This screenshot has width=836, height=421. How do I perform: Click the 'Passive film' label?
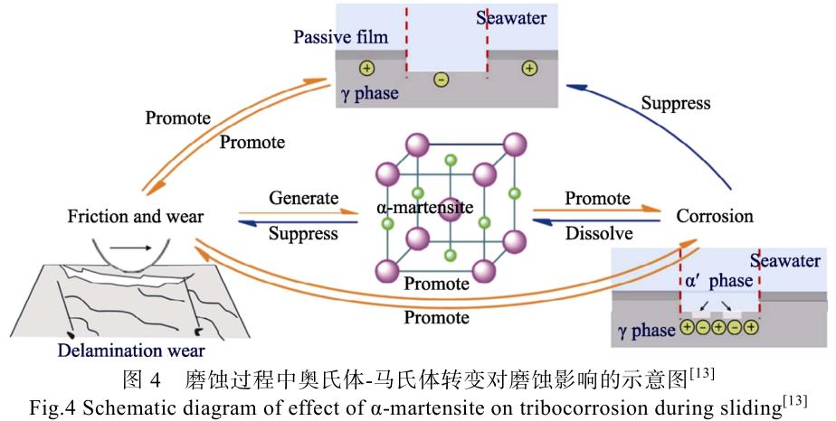(x=340, y=37)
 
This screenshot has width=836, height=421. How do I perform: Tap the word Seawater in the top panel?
(x=511, y=18)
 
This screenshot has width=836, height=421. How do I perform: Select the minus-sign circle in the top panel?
(x=441, y=80)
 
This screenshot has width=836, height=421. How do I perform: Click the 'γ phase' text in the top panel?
(x=368, y=93)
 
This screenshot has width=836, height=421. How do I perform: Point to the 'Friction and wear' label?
(x=135, y=217)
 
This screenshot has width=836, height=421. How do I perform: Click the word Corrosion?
(x=715, y=216)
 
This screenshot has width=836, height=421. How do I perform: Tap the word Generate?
(x=303, y=198)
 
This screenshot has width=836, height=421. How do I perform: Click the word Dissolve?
(x=597, y=233)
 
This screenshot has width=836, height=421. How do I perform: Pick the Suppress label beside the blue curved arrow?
(x=676, y=103)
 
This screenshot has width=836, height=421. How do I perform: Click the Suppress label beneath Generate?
(x=303, y=233)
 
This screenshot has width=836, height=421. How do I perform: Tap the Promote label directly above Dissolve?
(x=597, y=198)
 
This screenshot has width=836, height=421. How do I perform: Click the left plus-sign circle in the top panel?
(x=366, y=68)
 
